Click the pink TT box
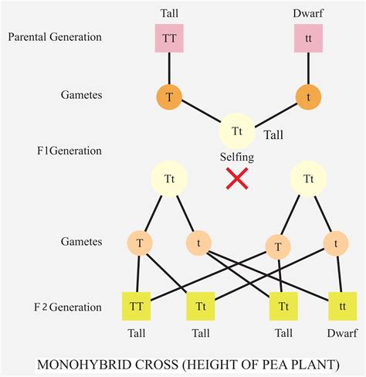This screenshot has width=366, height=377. point(168,37)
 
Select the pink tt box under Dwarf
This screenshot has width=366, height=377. point(309,37)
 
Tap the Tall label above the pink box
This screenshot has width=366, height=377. point(169,13)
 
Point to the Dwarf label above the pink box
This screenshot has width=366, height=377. point(310,13)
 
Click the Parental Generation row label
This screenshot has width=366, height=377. point(55,36)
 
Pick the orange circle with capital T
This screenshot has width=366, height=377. point(168,98)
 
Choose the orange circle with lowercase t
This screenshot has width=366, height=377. point(309,98)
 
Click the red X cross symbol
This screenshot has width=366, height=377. point(236,180)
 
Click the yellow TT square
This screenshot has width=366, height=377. point(137,307)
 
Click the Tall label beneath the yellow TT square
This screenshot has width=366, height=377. point(137,335)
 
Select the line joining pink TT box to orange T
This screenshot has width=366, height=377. point(168,68)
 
